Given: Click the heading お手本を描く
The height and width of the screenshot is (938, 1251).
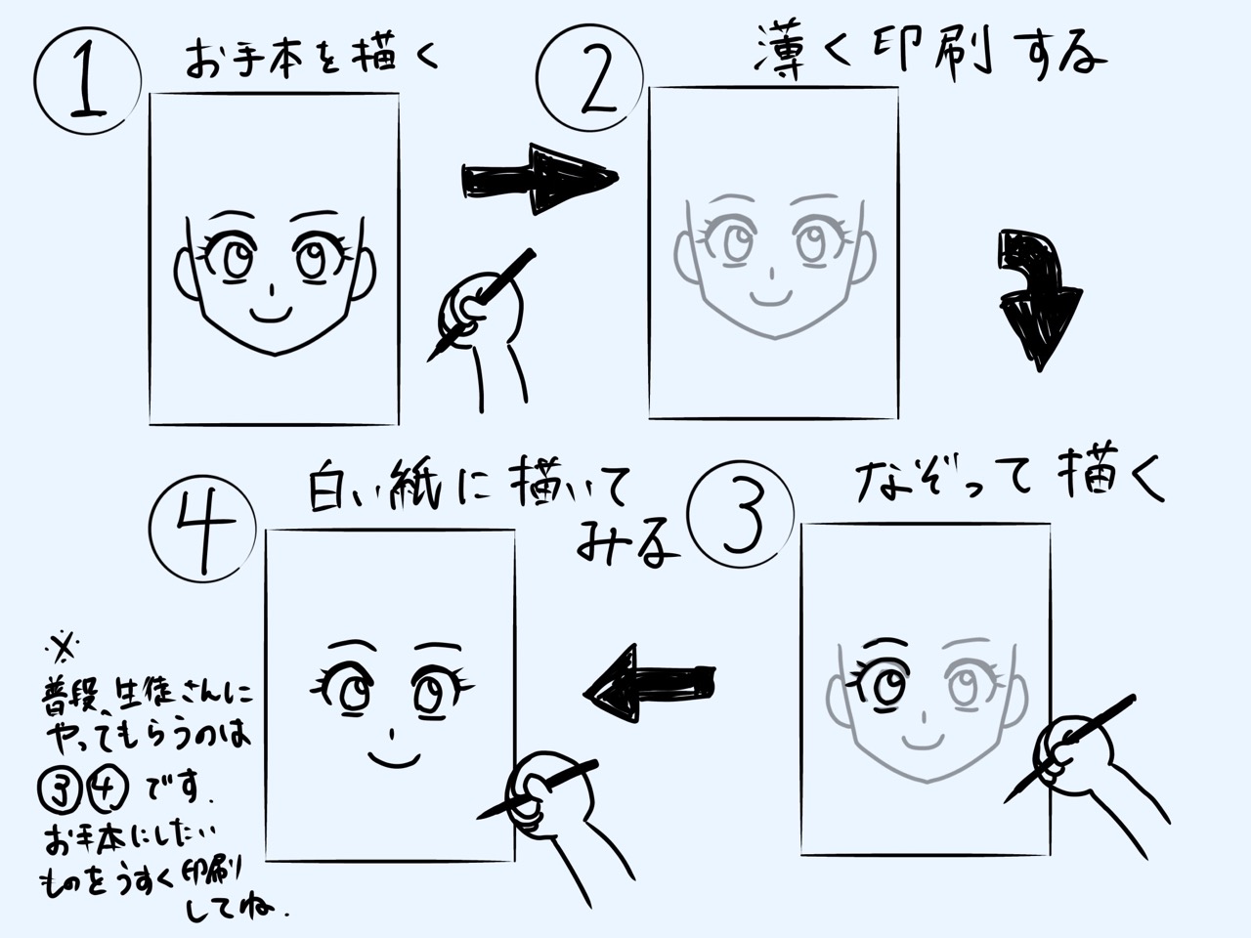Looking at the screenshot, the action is [313, 58].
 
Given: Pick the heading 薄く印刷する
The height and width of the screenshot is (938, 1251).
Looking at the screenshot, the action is [929, 53].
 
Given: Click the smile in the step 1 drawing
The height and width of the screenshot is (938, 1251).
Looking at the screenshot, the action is [272, 315].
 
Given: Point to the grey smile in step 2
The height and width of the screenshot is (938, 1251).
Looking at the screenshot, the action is [771, 298].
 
